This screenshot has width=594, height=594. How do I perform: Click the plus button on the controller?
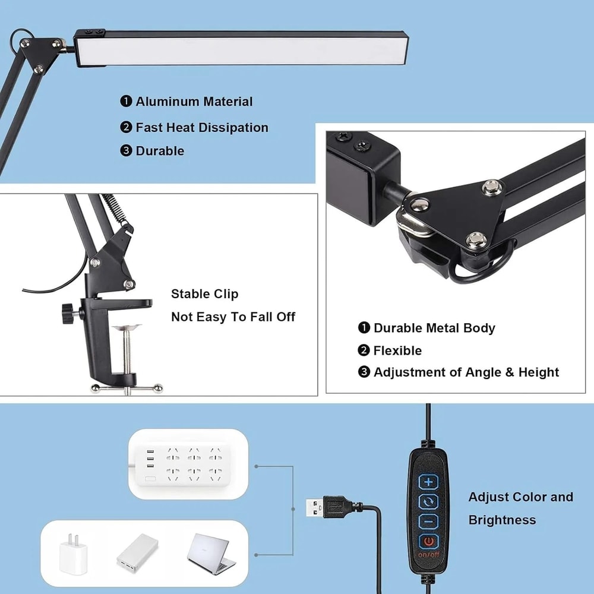pyautogui.click(x=429, y=481)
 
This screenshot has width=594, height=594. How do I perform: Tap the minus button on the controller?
pyautogui.click(x=429, y=522)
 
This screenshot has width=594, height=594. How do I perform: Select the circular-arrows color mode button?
pyautogui.click(x=429, y=501)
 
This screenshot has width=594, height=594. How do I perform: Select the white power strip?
pyautogui.click(x=188, y=463)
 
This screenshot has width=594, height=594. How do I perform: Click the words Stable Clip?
pyautogui.click(x=204, y=294)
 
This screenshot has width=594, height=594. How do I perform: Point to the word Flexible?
pyautogui.click(x=397, y=350)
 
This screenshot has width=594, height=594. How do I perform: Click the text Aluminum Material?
pyautogui.click(x=194, y=102)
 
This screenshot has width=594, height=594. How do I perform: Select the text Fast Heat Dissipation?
pyautogui.click(x=202, y=128)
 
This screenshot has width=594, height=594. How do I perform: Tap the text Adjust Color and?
pyautogui.click(x=520, y=497)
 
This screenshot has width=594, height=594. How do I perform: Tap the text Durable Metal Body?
pyautogui.click(x=434, y=328)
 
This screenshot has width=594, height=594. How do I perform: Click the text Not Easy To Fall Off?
pyautogui.click(x=233, y=317)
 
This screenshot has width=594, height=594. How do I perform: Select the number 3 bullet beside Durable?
pyautogui.click(x=125, y=151)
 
